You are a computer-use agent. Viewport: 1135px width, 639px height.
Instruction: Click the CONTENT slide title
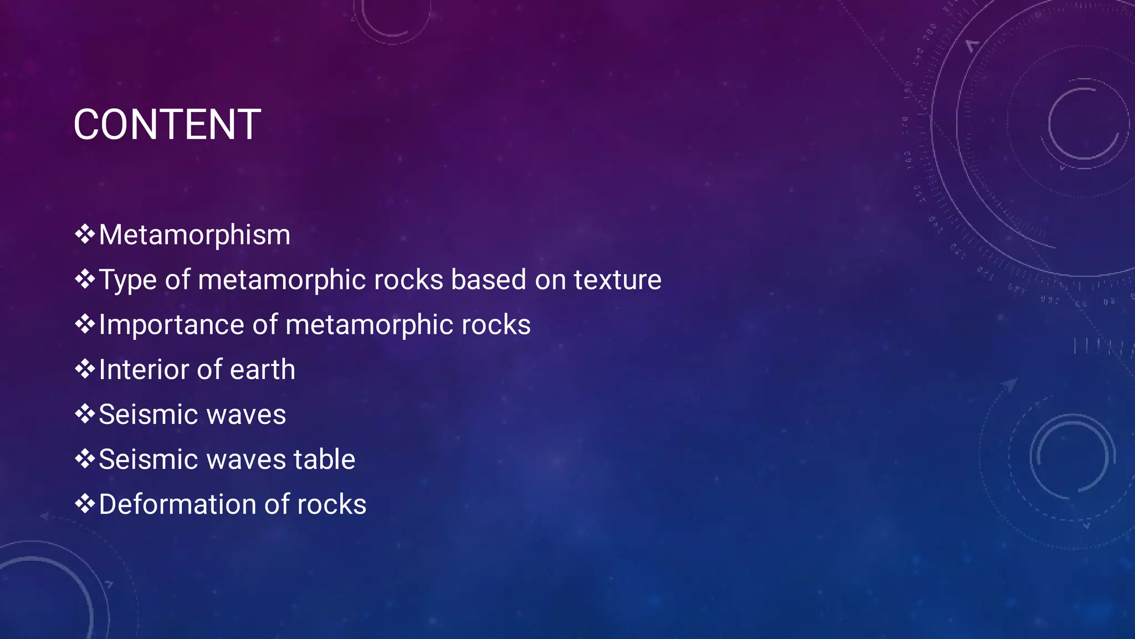[167, 125]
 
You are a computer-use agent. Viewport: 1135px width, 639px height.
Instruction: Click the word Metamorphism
[195, 235]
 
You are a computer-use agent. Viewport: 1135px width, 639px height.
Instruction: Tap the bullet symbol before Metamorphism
[85, 234]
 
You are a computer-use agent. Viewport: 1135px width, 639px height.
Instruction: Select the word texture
[617, 280]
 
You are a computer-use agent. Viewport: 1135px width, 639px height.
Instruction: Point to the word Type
[128, 280]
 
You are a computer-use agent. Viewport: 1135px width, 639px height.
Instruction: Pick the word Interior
[143, 370]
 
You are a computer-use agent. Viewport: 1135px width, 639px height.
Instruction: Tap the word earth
[263, 370]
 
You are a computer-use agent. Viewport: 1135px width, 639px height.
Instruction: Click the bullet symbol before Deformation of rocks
[85, 504]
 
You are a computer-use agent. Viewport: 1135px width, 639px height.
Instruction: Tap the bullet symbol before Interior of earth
[85, 369]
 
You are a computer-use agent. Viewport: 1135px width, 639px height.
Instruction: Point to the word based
[488, 280]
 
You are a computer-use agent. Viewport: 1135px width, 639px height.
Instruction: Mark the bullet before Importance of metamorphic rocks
[85, 324]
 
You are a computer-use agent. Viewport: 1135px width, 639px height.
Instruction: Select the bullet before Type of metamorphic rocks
[85, 279]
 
